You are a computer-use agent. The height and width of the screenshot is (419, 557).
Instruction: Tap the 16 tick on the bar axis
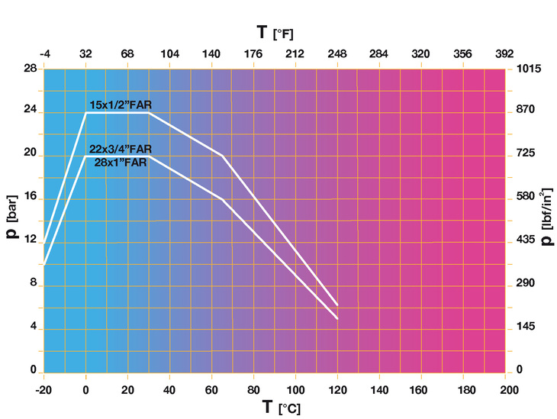coord(30,197)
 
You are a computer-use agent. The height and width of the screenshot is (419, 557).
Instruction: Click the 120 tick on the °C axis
coord(336,388)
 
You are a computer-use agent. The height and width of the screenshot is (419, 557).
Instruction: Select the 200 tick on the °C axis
coord(504,388)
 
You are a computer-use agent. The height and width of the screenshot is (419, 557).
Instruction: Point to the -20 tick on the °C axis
coord(43,388)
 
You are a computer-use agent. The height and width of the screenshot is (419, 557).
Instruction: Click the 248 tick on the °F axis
coord(337,55)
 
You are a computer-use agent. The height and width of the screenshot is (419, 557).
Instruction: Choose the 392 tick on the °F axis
coord(504,55)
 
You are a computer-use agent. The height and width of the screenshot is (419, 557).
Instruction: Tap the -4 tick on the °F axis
coord(43,55)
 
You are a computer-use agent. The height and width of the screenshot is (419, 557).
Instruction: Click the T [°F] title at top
coord(275,33)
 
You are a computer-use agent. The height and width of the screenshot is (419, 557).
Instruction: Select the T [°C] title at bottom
coord(275,407)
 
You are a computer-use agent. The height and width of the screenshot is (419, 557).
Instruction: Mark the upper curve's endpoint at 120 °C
coord(337,305)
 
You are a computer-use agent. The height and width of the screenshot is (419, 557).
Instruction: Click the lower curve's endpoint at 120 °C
coord(337,318)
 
